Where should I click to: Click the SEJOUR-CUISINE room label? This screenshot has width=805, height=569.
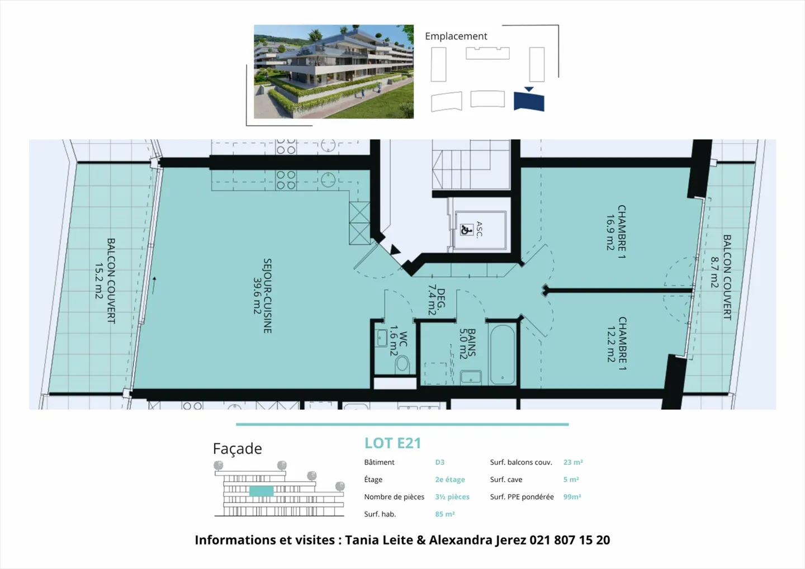tap(263, 296)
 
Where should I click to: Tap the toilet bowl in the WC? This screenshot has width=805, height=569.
tap(402, 364)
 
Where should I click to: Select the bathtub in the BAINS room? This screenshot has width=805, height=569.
tap(502, 355)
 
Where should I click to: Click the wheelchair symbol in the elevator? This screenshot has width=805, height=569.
tap(466, 229)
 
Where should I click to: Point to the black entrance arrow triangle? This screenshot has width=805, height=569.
tap(395, 250)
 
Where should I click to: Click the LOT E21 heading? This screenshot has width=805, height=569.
tap(392, 443)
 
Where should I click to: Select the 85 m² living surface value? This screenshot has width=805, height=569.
tap(444, 514)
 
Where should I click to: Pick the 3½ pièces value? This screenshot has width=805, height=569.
tap(452, 497)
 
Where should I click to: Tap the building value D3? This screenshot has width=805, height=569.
tap(439, 462)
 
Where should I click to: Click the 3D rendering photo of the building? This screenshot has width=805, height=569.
tap(334, 72)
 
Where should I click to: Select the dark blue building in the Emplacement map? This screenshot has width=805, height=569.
tap(529, 101)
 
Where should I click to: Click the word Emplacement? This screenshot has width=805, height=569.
tap(456, 36)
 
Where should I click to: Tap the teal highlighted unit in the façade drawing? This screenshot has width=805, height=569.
tap(261, 491)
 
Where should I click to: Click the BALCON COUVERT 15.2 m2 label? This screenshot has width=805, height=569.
tap(105, 281)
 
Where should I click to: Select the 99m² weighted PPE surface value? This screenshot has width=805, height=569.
tap(572, 497)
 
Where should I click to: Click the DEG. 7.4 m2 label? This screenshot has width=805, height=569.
tap(436, 301)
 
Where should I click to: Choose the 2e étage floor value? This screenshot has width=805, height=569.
tap(449, 480)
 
